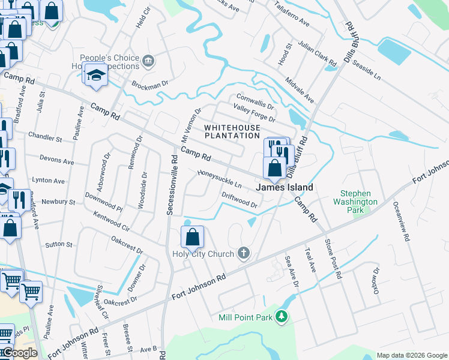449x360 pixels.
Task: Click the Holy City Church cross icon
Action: (244, 254)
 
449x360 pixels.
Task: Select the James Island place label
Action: (285, 188)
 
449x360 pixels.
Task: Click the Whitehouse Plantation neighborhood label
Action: (232, 131)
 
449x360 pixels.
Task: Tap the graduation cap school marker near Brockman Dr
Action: (95, 74)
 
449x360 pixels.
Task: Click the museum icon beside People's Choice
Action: (148, 61)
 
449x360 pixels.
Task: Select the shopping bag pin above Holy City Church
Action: (192, 238)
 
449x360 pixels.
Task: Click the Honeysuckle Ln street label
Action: (220, 179)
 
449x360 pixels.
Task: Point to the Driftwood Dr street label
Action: (239, 200)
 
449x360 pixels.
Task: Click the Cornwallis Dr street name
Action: (255, 101)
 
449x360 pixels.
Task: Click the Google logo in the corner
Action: (19, 353)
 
